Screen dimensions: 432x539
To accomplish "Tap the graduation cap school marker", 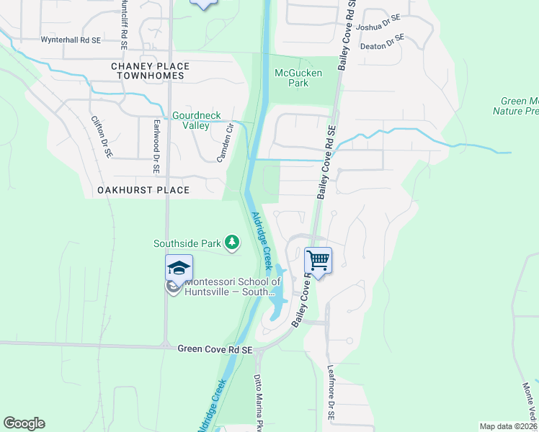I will (179, 268).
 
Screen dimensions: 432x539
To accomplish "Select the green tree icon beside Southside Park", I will (232, 243).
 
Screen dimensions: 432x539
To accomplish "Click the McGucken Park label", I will (298, 78).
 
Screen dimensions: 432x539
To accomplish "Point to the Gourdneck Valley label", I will (190, 120).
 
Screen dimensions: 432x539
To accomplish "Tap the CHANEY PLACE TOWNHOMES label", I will (148, 71).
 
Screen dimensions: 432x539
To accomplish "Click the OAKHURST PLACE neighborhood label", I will (142, 190).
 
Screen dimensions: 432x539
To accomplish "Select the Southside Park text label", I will (187, 243).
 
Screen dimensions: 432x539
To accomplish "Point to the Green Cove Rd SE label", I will (215, 349).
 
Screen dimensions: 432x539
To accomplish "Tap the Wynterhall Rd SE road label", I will (71, 40).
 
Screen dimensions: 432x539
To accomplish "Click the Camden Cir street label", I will (228, 143).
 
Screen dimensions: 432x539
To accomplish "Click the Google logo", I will (24, 423).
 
